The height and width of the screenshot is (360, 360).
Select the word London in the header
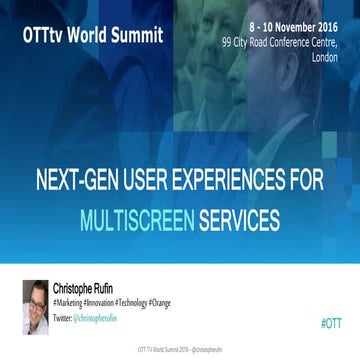click(325, 57)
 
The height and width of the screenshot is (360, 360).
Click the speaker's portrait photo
click(35, 306)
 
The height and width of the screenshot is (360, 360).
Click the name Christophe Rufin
click(85, 288)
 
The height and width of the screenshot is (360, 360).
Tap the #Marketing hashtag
click(68, 301)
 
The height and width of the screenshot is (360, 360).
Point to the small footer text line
click(179, 351)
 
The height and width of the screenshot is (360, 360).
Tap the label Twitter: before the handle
click(61, 316)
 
